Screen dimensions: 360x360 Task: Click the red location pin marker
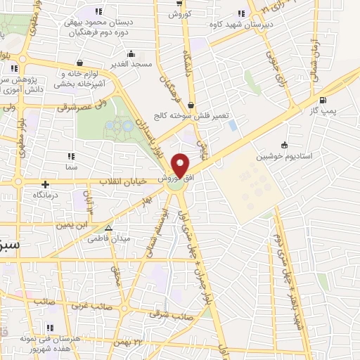181,166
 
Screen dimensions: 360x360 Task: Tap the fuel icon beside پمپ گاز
323,100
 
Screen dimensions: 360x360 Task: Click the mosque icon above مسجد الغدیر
130,53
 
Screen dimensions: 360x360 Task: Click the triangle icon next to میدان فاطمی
108,228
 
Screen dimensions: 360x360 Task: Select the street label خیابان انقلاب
125,181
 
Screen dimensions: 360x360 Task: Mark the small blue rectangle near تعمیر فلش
232,125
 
